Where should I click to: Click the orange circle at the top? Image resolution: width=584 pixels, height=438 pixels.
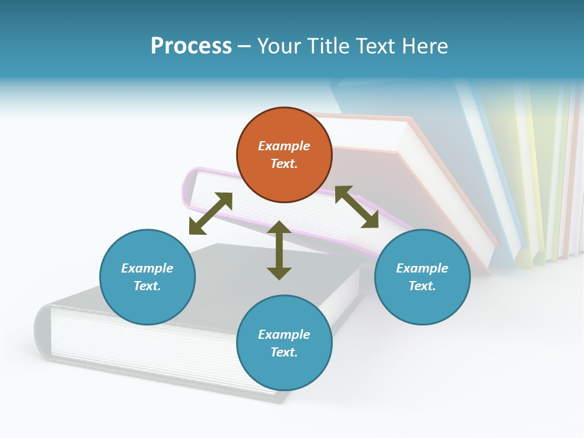pyautogui.click(x=284, y=155)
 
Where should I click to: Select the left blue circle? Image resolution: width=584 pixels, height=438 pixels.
pyautogui.click(x=147, y=277)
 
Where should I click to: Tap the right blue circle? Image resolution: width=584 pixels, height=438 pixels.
pyautogui.click(x=422, y=277)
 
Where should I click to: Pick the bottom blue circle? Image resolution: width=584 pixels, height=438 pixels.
pyautogui.click(x=284, y=343)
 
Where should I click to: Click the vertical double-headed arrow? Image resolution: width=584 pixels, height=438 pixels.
pyautogui.click(x=279, y=251)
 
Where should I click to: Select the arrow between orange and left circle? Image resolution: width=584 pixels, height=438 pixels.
pyautogui.click(x=210, y=214)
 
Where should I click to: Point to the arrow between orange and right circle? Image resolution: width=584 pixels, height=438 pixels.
pyautogui.click(x=356, y=207)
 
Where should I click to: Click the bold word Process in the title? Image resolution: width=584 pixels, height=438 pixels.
pyautogui.click(x=191, y=46)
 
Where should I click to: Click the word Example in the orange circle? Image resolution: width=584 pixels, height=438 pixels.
pyautogui.click(x=284, y=146)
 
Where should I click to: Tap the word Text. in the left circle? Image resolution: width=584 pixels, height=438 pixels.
pyautogui.click(x=147, y=286)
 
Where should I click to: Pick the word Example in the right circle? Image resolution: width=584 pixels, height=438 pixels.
pyautogui.click(x=422, y=268)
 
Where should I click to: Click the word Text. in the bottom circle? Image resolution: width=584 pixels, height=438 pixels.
pyautogui.click(x=284, y=352)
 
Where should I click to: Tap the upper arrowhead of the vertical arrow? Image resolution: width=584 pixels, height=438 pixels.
pyautogui.click(x=279, y=229)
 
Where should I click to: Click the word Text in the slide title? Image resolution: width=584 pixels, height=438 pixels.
pyautogui.click(x=377, y=46)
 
